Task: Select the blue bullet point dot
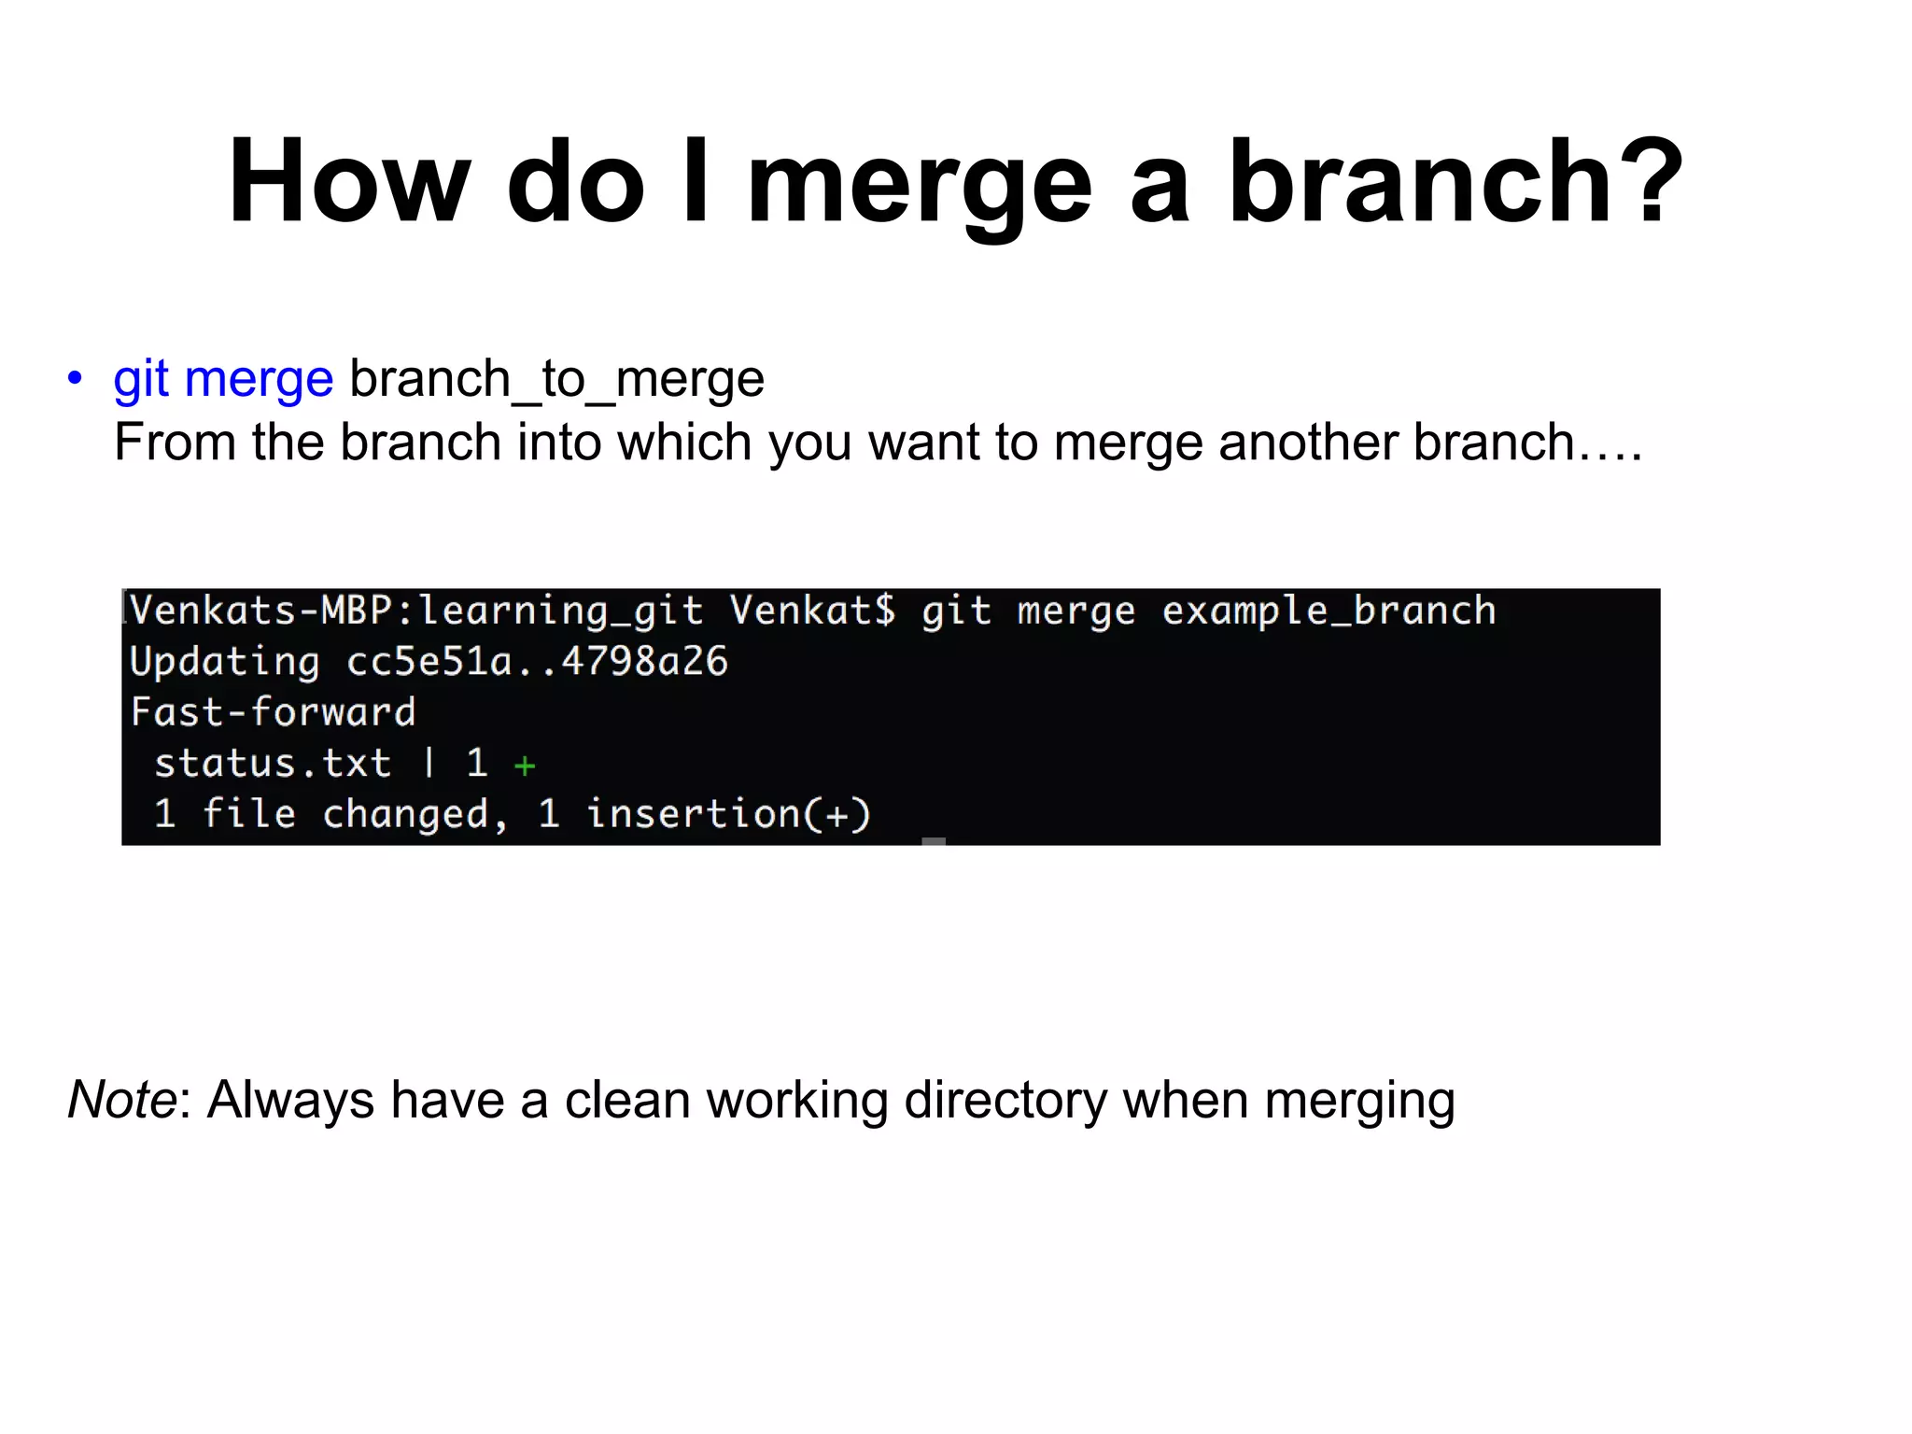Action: [75, 379]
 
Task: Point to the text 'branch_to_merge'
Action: [556, 379]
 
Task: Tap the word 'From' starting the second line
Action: [175, 442]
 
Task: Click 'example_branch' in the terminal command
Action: [1329, 612]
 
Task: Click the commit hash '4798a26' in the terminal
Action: [644, 662]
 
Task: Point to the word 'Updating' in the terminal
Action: [225, 662]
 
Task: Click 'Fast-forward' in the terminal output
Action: [273, 712]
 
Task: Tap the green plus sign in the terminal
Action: [525, 766]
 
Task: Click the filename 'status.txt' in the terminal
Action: [272, 764]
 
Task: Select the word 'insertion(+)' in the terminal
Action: [728, 814]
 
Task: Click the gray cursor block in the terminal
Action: [934, 841]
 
